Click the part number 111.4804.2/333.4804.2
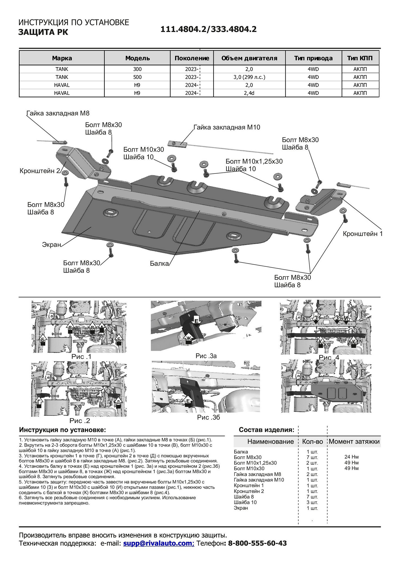(208, 29)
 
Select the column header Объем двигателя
(249, 58)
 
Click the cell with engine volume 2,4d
(249, 93)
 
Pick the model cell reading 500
(137, 77)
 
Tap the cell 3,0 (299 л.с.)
(249, 77)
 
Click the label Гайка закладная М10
(227, 127)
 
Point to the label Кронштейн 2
(40, 171)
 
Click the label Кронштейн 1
(362, 234)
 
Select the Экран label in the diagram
(51, 245)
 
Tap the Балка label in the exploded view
(159, 264)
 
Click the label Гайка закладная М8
(58, 113)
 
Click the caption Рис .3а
(206, 356)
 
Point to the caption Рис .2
(80, 421)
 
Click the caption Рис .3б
(208, 417)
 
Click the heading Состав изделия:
(266, 430)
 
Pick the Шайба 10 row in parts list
(245, 502)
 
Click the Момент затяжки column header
(354, 442)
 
